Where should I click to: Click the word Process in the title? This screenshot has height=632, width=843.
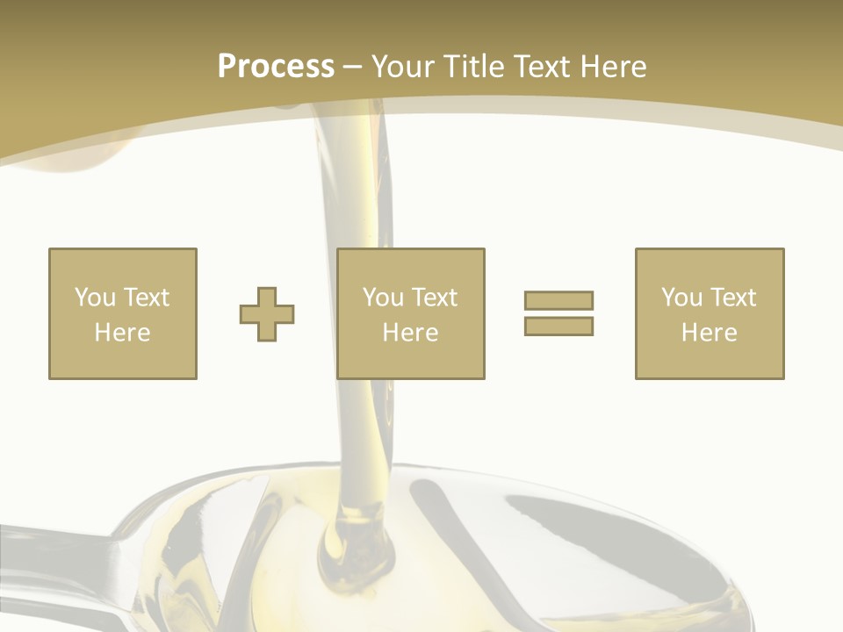click(x=276, y=67)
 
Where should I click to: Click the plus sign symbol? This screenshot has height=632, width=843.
click(x=267, y=314)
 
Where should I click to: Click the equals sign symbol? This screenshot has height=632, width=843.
click(x=558, y=313)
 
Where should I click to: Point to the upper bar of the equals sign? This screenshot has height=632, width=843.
click(x=558, y=301)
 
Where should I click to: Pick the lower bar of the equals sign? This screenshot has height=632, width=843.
click(x=558, y=326)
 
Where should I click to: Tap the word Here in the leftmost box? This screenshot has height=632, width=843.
click(x=122, y=333)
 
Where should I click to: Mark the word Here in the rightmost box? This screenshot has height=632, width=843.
click(x=709, y=333)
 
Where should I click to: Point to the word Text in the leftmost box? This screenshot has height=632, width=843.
click(x=146, y=298)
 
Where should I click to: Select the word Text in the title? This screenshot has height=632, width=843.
click(x=539, y=67)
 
